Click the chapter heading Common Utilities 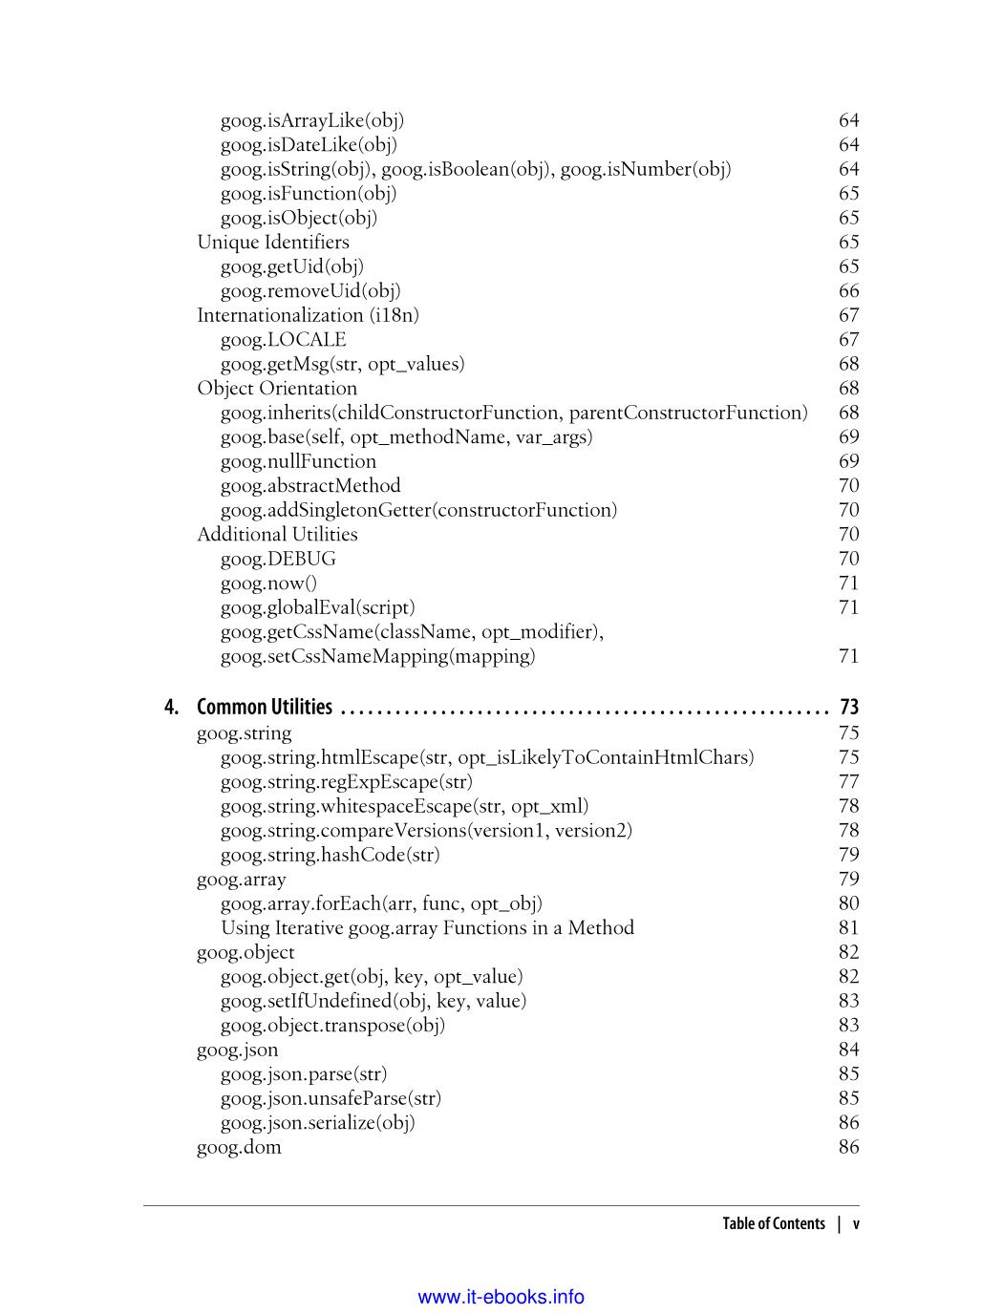(265, 708)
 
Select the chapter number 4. (171, 708)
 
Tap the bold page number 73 (848, 708)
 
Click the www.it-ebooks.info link (501, 1297)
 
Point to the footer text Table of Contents (773, 1224)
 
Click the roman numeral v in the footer (856, 1224)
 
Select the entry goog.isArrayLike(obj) (312, 120)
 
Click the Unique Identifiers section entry (273, 243)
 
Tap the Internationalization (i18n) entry (308, 315)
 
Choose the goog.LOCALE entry (283, 340)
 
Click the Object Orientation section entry (277, 389)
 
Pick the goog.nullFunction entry (298, 461)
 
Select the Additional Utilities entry (277, 535)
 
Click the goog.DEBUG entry (278, 559)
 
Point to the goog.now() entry (268, 584)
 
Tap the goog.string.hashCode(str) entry (330, 855)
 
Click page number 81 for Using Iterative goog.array (848, 928)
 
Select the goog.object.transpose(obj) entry (332, 1026)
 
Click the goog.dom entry (239, 1147)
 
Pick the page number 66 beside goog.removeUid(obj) (848, 291)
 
